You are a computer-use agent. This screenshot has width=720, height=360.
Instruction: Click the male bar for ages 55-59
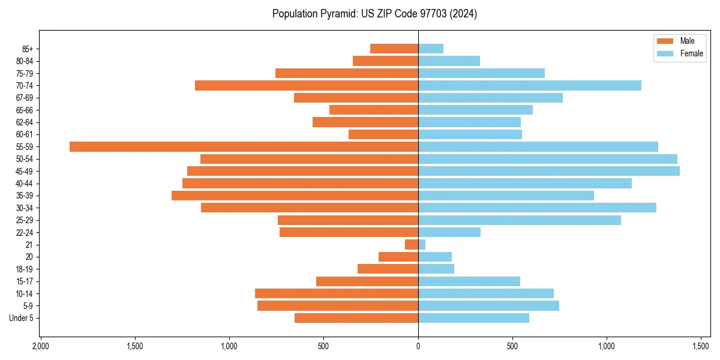coord(244,146)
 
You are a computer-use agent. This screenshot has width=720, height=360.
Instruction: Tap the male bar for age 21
coord(412,245)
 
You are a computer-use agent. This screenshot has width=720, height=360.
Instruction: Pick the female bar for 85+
coord(431,49)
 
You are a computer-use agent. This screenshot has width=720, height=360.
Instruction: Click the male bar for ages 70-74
coord(307,85)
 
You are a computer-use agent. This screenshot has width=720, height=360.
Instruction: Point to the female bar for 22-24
coord(449,232)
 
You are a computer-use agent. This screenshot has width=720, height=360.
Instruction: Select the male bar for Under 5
coord(356,318)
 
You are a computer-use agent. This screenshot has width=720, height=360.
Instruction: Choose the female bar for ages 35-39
coord(506,196)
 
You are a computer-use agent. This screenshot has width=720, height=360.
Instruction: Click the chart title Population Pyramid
coord(374,14)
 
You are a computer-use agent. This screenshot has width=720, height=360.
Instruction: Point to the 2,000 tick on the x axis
coord(40,346)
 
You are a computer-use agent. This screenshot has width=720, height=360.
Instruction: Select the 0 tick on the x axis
coord(418,346)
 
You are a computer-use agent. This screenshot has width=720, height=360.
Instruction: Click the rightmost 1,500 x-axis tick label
coord(701,346)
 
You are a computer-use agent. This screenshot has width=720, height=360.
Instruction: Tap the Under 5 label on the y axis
coord(21,318)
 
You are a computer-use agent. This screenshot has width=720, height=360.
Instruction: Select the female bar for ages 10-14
coord(486,293)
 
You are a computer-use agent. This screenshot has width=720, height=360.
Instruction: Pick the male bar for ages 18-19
coord(388,269)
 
